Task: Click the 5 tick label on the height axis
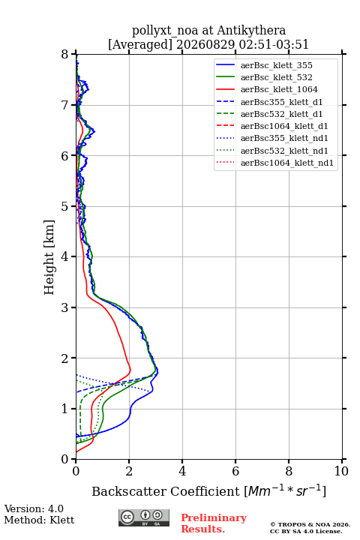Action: [65, 206]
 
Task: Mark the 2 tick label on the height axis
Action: [65, 358]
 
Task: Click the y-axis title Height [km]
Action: [49, 257]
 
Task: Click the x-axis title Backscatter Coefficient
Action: [166, 491]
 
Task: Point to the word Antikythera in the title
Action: [251, 30]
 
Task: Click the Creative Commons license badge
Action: [144, 517]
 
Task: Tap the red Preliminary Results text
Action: [214, 523]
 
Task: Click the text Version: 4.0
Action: [34, 508]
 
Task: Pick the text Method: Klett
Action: [39, 520]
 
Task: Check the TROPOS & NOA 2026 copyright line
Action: [310, 524]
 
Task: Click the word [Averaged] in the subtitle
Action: [140, 44]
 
